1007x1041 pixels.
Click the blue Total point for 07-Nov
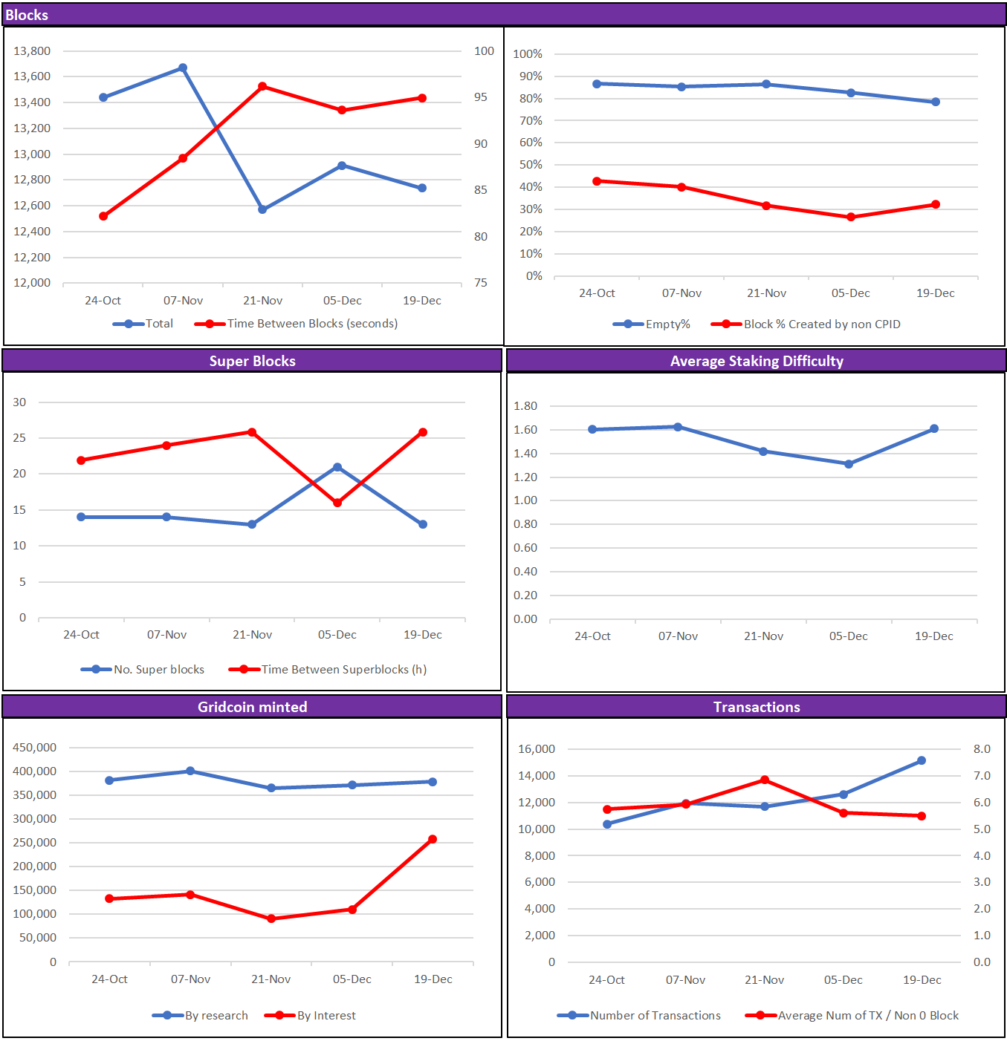point(183,68)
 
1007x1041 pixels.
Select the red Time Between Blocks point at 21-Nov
point(262,87)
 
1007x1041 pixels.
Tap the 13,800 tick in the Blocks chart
point(32,51)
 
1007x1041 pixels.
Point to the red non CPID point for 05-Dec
point(851,218)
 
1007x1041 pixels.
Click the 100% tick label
point(528,54)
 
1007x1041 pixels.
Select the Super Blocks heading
point(252,362)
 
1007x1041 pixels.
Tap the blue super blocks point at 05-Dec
point(337,468)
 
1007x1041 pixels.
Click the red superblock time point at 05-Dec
point(337,503)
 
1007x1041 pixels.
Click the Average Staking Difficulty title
point(757,362)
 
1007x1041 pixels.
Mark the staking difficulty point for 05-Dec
point(849,464)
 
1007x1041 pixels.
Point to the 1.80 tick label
point(525,406)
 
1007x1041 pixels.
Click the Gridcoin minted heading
point(252,708)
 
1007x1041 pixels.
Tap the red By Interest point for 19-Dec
point(433,840)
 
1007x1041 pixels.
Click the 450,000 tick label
point(34,748)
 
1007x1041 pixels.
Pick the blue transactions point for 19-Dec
point(922,761)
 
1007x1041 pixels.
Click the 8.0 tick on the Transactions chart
point(982,749)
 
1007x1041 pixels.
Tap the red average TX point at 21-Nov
point(765,780)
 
